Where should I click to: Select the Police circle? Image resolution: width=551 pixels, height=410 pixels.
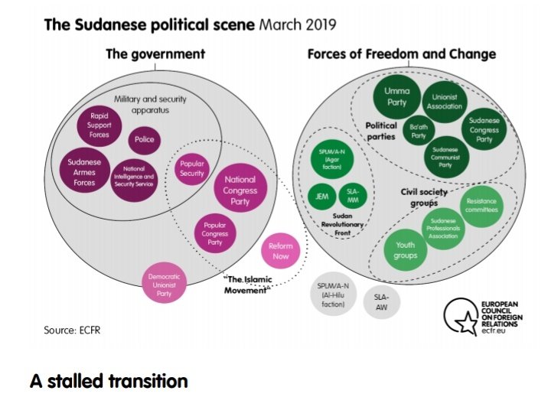tap(144, 140)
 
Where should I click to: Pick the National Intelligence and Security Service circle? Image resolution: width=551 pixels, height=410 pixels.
tap(135, 177)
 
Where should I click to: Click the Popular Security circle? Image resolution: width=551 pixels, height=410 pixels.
tap(191, 168)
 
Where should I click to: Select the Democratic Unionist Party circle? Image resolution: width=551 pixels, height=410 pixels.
tap(165, 282)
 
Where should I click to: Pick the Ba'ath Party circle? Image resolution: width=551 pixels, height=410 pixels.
tap(418, 131)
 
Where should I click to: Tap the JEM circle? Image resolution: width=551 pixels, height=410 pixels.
tap(322, 196)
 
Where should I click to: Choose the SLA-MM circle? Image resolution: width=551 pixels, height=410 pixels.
tap(354, 196)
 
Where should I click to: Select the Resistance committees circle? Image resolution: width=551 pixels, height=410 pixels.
tap(481, 205)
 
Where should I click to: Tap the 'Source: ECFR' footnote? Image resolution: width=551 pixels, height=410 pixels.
tap(72, 330)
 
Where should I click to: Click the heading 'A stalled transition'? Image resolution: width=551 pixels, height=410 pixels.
tap(109, 381)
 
